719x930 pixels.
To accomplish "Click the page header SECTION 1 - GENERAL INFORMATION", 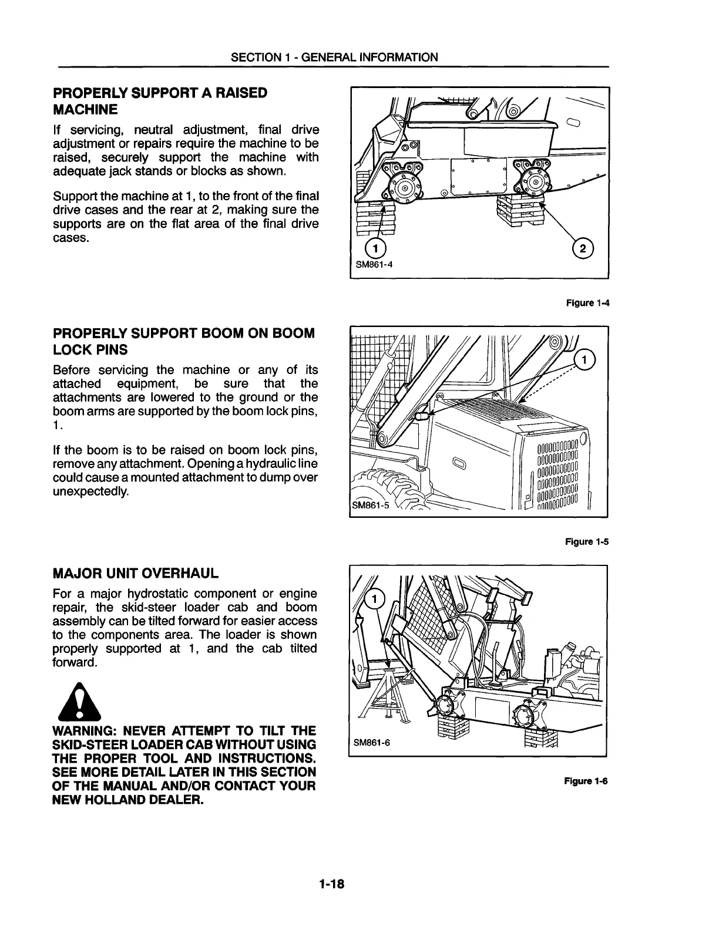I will pos(334,57).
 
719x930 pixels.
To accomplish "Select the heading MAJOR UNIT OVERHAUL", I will pos(136,572).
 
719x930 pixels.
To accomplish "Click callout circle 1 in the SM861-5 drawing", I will pos(584,359).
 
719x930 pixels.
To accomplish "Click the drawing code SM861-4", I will pos(374,264).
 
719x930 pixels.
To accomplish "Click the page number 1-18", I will pos(331,884).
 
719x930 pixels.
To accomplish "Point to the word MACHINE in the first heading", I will pos(86,109).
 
